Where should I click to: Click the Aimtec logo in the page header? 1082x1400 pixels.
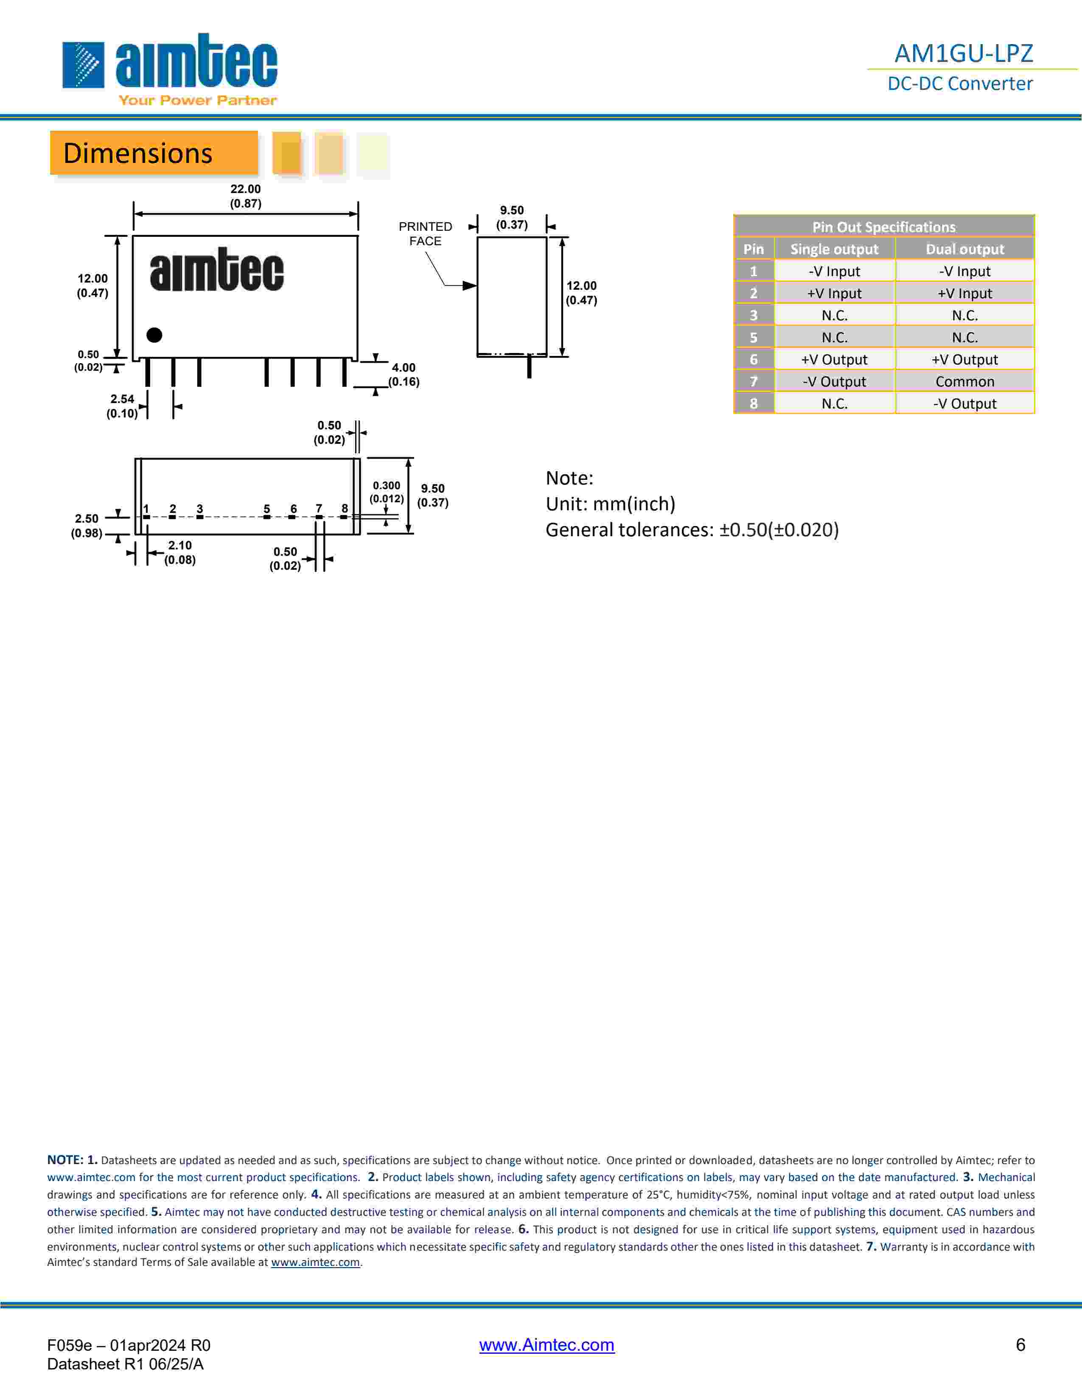point(170,69)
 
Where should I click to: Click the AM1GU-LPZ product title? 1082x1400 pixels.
point(964,53)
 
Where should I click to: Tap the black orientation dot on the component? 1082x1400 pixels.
point(154,335)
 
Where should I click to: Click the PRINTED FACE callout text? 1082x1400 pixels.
point(425,233)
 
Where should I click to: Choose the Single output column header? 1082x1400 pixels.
point(834,249)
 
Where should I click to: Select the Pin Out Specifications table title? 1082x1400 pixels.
point(883,227)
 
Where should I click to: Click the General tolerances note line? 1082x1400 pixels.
point(692,529)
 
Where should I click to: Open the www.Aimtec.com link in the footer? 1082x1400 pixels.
point(547,1345)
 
